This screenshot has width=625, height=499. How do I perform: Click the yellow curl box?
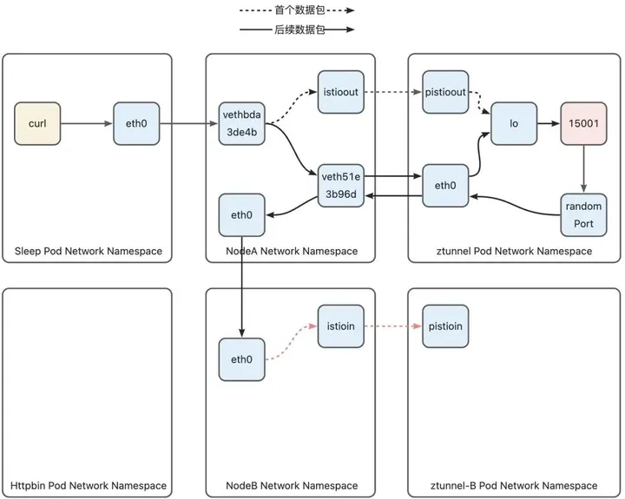[x=37, y=123]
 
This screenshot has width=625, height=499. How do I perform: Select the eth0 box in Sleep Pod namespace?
[x=136, y=123]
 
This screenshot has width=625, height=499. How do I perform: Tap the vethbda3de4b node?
[x=242, y=123]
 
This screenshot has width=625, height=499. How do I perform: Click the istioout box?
[x=341, y=92]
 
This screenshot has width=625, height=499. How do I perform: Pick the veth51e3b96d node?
[x=341, y=186]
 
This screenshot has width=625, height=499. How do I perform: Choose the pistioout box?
[x=445, y=92]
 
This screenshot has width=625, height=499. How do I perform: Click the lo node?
[x=514, y=123]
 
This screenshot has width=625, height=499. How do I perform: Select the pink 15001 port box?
[x=583, y=123]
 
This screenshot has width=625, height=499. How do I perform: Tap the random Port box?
[x=583, y=215]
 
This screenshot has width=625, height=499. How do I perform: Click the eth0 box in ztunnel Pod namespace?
[x=445, y=186]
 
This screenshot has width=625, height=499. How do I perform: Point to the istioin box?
[x=341, y=326]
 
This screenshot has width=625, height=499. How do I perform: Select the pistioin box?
[x=445, y=326]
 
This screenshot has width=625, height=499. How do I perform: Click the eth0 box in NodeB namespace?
[x=242, y=359]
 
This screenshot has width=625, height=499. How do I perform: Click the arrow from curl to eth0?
[x=87, y=123]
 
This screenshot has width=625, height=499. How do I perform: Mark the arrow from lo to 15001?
[x=549, y=123]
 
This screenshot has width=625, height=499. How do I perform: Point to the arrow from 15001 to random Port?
[x=583, y=169]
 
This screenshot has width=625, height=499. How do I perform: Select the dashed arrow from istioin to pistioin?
[x=393, y=326]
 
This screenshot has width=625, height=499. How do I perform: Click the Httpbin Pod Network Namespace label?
[x=88, y=485]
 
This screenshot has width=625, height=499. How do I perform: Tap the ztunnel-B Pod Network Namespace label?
[x=514, y=485]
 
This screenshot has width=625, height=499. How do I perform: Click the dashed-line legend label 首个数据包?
[x=299, y=10]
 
